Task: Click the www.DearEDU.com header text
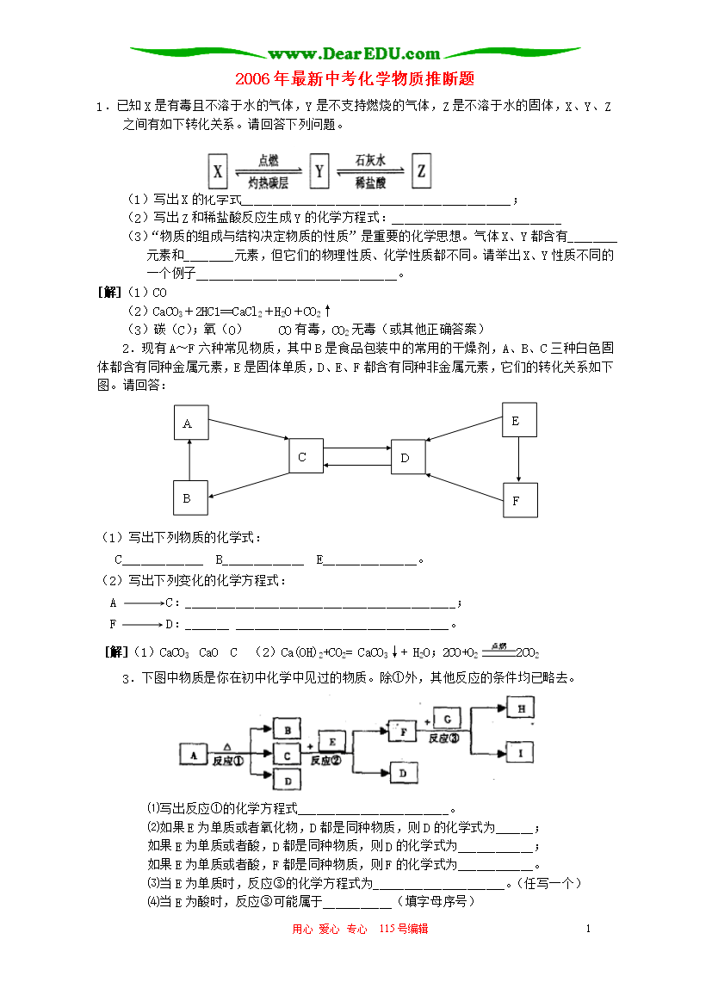pyautogui.click(x=354, y=53)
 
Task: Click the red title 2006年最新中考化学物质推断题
pyautogui.click(x=355, y=79)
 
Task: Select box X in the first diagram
pyautogui.click(x=218, y=171)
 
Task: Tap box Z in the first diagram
pyautogui.click(x=421, y=170)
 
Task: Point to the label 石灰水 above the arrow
pyautogui.click(x=370, y=160)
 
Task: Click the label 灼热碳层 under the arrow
pyautogui.click(x=268, y=183)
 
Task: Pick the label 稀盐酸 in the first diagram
pyautogui.click(x=371, y=183)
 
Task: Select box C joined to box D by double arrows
pyautogui.click(x=306, y=456)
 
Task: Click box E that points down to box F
pyautogui.click(x=519, y=420)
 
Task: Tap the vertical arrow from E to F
pyautogui.click(x=518, y=460)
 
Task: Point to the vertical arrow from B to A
pyautogui.click(x=189, y=460)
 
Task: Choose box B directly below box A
pyautogui.click(x=191, y=497)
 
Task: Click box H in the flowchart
pyautogui.click(x=521, y=708)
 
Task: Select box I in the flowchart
pyautogui.click(x=521, y=752)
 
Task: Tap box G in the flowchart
pyautogui.click(x=447, y=720)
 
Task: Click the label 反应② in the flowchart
pyautogui.click(x=325, y=760)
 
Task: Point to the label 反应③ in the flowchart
pyautogui.click(x=444, y=738)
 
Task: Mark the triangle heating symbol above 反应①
pyautogui.click(x=227, y=747)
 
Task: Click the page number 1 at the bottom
pyautogui.click(x=588, y=928)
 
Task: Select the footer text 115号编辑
pyautogui.click(x=404, y=928)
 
